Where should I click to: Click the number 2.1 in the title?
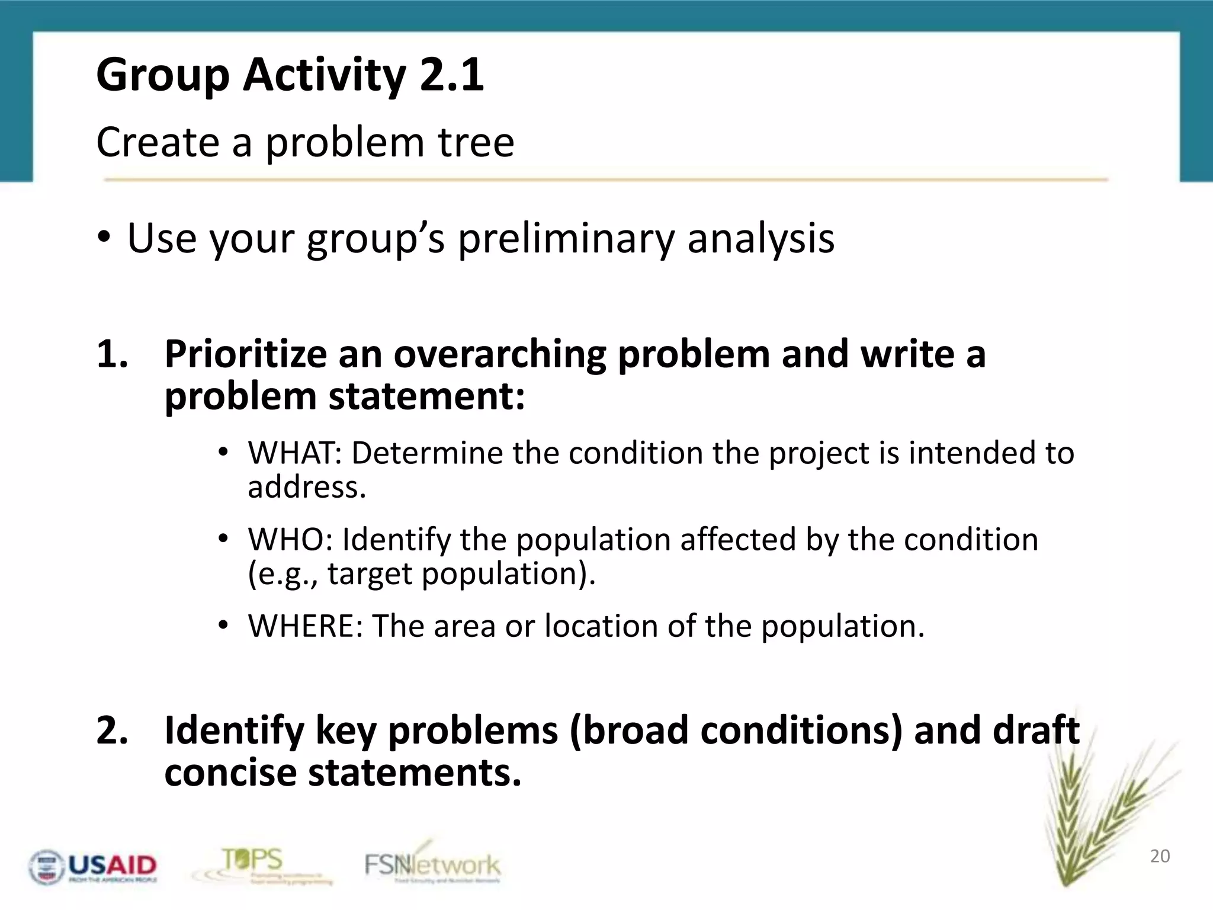[451, 75]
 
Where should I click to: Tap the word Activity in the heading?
[324, 75]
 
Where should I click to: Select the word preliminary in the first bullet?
[566, 238]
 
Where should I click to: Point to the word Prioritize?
[245, 354]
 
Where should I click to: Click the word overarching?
[499, 354]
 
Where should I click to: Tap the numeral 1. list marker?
[113, 354]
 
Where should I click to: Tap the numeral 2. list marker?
[113, 730]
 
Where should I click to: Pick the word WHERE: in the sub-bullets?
[305, 626]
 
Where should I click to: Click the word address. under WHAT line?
[306, 488]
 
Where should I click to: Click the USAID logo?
[94, 867]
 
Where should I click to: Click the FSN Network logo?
[432, 865]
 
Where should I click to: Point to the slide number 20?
[1160, 856]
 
